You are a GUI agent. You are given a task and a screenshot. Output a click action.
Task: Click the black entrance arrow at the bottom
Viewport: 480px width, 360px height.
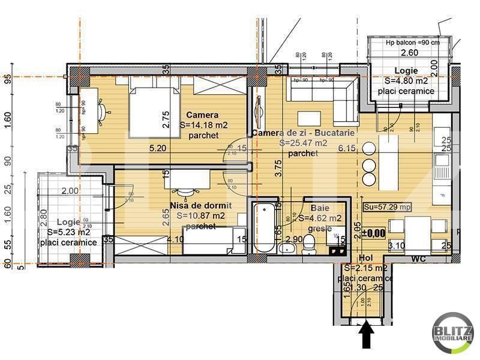point(367,335)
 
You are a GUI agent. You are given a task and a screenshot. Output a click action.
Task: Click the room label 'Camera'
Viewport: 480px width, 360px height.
point(202,115)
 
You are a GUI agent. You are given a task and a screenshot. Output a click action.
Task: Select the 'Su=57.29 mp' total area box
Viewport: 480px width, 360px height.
point(387,207)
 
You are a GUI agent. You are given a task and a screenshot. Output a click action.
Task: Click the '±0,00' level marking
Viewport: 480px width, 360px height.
point(376,232)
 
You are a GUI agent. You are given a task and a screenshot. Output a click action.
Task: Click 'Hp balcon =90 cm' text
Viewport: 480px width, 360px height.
point(412,43)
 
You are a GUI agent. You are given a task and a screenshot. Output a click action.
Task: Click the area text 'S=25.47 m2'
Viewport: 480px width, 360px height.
point(303,143)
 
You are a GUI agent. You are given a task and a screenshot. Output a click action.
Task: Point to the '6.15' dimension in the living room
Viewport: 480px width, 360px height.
point(347,148)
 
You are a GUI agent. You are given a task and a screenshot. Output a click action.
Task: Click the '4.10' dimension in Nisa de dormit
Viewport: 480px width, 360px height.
point(175,239)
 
